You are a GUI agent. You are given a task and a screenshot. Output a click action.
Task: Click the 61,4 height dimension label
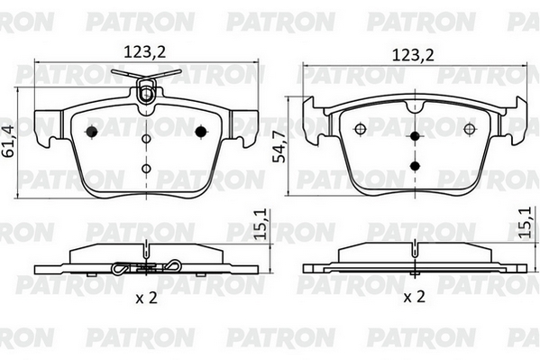coord(9,142)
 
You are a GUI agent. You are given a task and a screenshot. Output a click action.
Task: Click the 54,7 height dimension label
coord(279,147)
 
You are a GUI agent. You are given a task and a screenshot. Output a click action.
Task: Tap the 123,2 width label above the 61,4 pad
coord(144,52)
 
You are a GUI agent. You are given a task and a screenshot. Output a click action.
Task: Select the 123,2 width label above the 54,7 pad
coord(414,56)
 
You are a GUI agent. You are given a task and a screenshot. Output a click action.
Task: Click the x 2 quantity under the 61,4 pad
coord(146,297)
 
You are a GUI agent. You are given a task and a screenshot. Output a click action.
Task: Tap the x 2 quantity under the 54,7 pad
coord(415,297)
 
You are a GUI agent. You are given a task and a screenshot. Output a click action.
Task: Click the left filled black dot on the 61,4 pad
coord(92,132)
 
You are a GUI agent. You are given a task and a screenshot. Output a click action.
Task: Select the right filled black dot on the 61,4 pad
coord(201,132)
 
